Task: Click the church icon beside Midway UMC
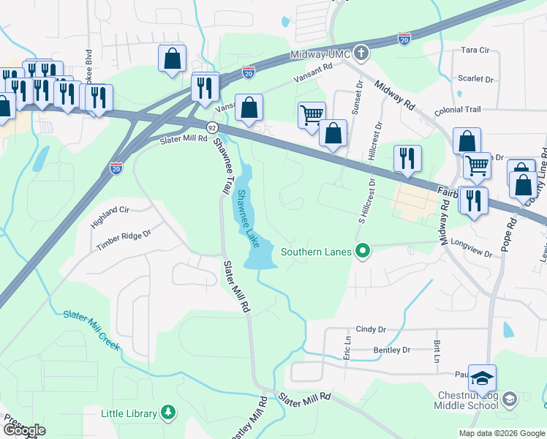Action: (x=360, y=53)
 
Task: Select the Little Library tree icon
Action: (x=168, y=413)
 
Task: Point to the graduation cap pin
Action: (x=482, y=379)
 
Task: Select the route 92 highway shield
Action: (x=211, y=127)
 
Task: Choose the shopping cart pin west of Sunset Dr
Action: (x=312, y=114)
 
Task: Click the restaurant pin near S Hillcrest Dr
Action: (x=407, y=158)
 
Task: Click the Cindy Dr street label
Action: (x=370, y=330)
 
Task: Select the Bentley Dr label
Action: (x=391, y=350)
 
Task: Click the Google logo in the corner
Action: (x=23, y=430)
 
